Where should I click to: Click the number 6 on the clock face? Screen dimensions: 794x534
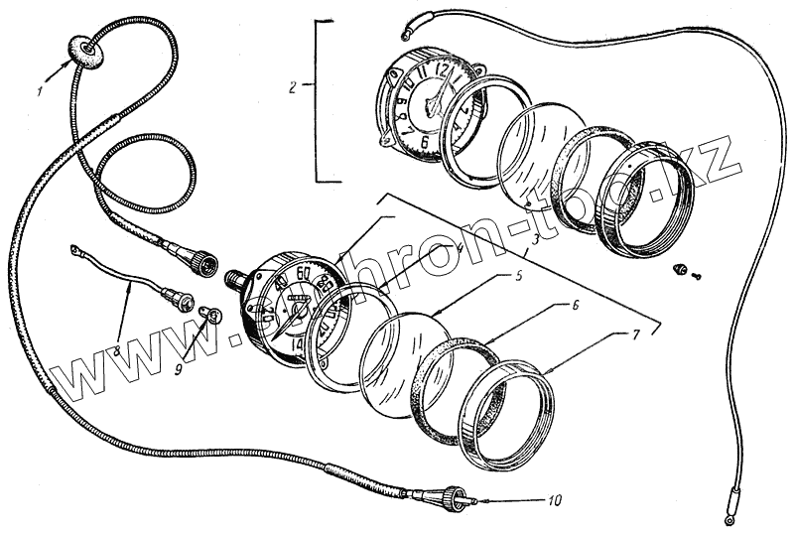(425, 140)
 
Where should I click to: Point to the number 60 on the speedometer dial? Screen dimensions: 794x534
(305, 274)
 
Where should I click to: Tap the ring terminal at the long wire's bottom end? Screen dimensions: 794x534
(730, 516)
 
